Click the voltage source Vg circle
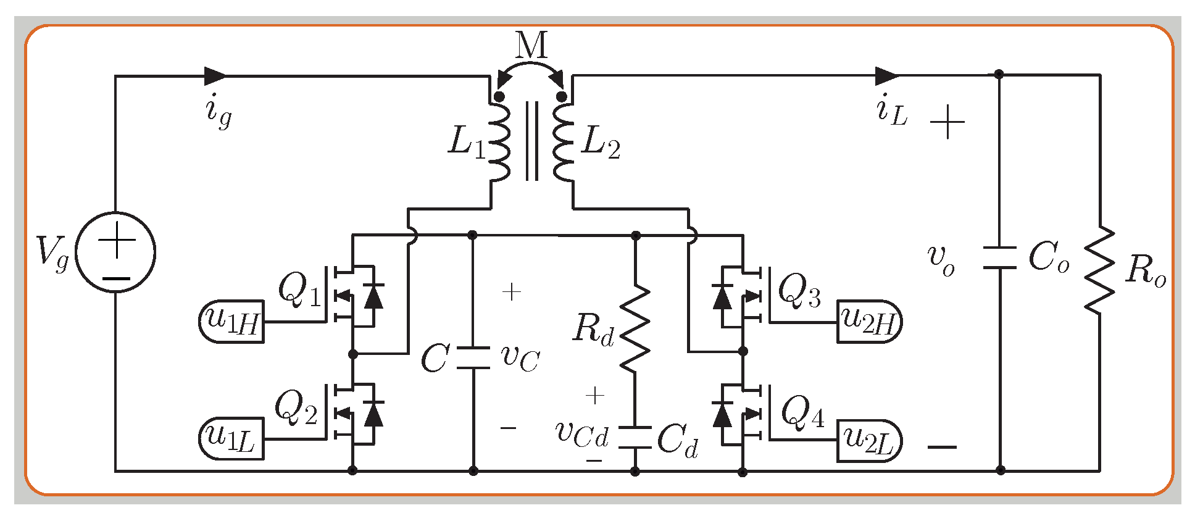click(115, 252)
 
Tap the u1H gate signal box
click(231, 322)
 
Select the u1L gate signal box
click(231, 439)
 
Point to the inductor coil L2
click(563, 142)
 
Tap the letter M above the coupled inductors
click(531, 45)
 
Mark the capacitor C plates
click(473, 358)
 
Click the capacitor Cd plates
click(635, 437)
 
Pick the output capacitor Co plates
click(999, 258)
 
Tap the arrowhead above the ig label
click(215, 76)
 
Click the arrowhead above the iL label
click(886, 76)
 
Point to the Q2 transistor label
click(296, 407)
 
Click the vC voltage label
click(520, 358)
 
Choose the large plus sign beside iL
click(947, 122)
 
